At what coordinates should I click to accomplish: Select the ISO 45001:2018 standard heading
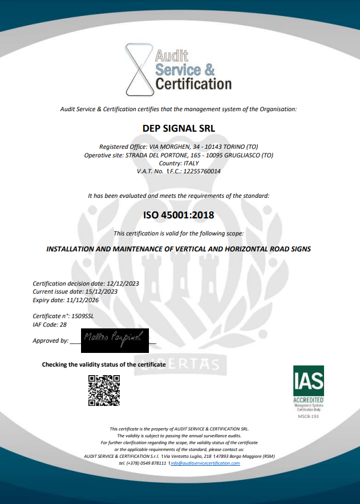click(179, 215)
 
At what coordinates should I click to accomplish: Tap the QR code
click(104, 391)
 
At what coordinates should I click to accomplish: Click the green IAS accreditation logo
click(308, 388)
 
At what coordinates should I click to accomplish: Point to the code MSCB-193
click(308, 417)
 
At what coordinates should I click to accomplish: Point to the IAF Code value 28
click(63, 324)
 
